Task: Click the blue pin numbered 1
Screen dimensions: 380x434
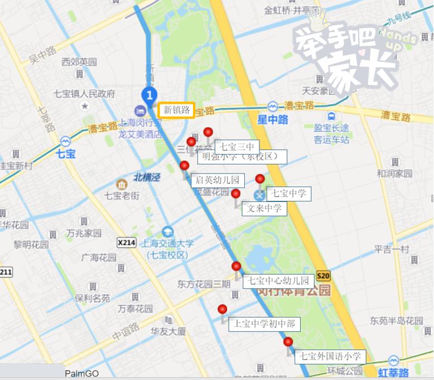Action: (x=149, y=95)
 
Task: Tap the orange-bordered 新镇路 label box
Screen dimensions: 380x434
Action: (x=177, y=110)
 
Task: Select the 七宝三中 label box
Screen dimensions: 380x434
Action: (x=236, y=147)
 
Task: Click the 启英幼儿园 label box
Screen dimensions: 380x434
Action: (x=218, y=180)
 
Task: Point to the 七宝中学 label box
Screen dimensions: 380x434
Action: (x=290, y=194)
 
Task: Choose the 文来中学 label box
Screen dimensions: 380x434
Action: (x=264, y=209)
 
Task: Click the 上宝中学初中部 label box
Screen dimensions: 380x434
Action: (x=264, y=324)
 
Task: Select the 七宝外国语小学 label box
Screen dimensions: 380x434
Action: (x=330, y=356)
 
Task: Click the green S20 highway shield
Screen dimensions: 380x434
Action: (x=323, y=276)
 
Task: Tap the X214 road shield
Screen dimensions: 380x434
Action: (x=127, y=243)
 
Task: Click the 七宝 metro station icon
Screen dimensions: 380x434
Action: (x=66, y=141)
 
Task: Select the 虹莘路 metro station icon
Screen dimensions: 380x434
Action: (x=393, y=360)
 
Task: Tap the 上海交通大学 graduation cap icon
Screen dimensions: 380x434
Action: (x=167, y=231)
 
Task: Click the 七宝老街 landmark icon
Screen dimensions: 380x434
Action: (x=121, y=184)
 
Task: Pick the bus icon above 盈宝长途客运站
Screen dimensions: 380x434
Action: (x=332, y=116)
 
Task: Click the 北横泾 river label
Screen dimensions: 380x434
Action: (x=147, y=177)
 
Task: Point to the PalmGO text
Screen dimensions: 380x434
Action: (x=81, y=374)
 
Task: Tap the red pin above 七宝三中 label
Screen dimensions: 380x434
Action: (x=208, y=132)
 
